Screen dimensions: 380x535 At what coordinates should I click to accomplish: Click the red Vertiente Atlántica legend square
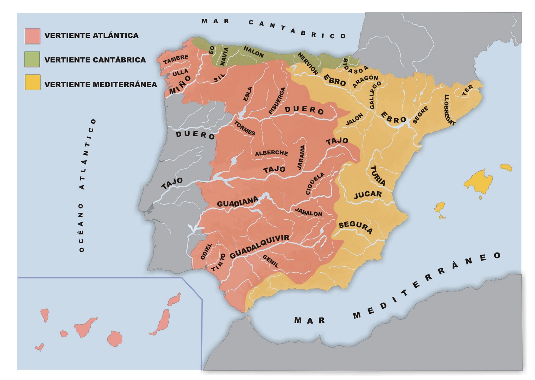click(x=32, y=36)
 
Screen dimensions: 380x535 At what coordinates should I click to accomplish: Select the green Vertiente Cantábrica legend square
click(x=32, y=59)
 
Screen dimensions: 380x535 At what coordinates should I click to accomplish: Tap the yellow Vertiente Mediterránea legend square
click(x=32, y=82)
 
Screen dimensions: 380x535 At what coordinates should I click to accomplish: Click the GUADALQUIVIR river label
click(x=259, y=246)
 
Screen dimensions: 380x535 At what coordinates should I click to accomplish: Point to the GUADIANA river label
click(x=237, y=202)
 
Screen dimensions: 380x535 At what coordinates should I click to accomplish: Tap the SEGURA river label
click(x=355, y=227)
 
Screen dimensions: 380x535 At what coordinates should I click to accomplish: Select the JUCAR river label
click(x=368, y=195)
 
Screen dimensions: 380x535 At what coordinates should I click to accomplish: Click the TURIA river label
click(x=378, y=176)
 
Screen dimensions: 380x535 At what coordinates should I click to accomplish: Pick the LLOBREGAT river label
click(x=449, y=110)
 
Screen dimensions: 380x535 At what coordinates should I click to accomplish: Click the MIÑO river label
click(x=180, y=85)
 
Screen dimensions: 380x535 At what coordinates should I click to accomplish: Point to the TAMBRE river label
click(x=176, y=59)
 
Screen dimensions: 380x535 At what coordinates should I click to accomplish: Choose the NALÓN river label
click(x=253, y=52)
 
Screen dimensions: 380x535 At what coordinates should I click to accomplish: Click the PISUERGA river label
click(x=277, y=101)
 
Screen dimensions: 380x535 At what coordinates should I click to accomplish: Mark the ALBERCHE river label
click(x=271, y=153)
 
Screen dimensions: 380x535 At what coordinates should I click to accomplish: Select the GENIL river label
click(x=271, y=261)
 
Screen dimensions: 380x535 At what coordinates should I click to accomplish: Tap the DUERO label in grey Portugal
click(x=195, y=135)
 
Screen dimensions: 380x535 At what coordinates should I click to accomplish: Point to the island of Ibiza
click(x=440, y=207)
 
